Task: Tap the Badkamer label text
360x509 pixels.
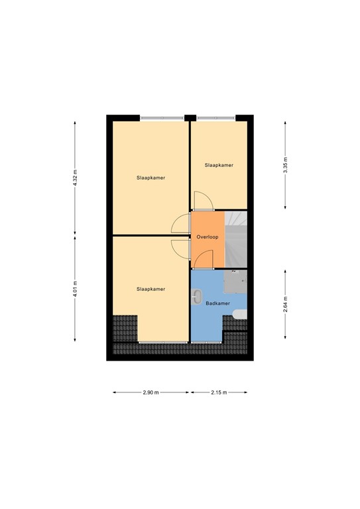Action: pyautogui.click(x=217, y=303)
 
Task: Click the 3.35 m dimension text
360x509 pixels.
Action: pyautogui.click(x=285, y=164)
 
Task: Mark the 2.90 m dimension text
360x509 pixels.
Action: pyautogui.click(x=151, y=392)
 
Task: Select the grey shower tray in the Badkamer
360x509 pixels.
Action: pyautogui.click(x=235, y=282)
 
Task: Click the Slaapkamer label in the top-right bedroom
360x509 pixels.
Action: pyautogui.click(x=219, y=165)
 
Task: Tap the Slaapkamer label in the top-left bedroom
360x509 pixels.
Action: pyautogui.click(x=150, y=178)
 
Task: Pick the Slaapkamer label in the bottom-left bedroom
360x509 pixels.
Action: pyautogui.click(x=150, y=289)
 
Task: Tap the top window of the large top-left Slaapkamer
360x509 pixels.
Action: pyautogui.click(x=162, y=118)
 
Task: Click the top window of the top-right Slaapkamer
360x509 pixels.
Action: pyautogui.click(x=215, y=118)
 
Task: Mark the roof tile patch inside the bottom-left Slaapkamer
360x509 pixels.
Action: pyautogui.click(x=124, y=327)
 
